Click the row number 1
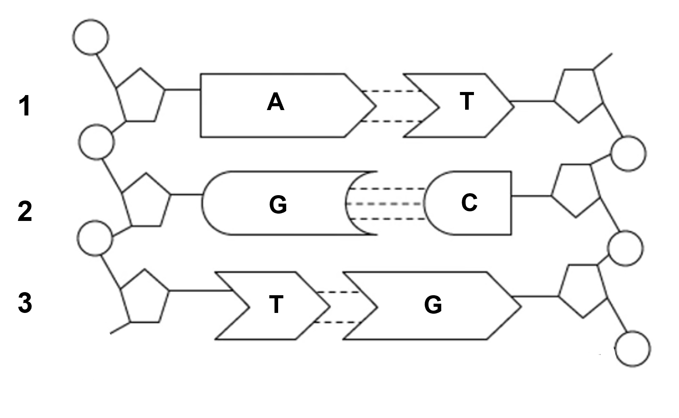click(25, 106)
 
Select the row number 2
click(25, 212)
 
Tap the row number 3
click(25, 303)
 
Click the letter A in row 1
click(275, 102)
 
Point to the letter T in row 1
click(467, 102)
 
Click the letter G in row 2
click(278, 204)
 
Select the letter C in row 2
click(469, 202)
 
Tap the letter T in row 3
click(276, 304)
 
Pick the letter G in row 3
click(433, 305)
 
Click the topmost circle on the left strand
click(91, 36)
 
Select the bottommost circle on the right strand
click(632, 349)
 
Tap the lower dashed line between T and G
click(337, 322)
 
